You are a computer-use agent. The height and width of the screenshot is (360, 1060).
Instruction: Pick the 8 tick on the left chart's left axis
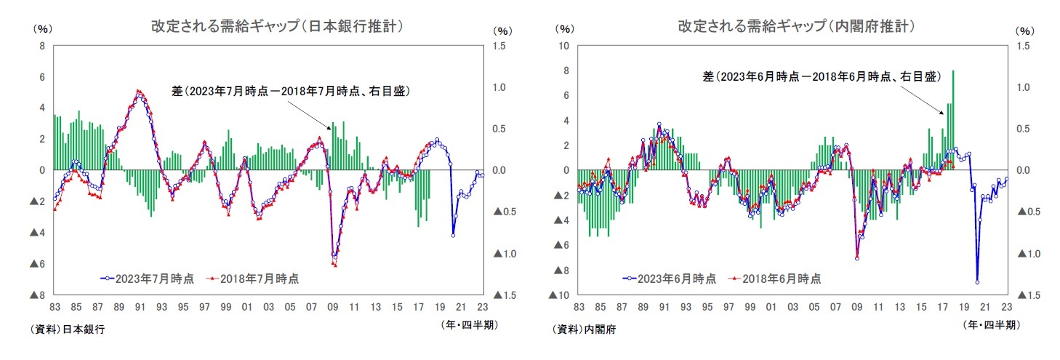[42, 46]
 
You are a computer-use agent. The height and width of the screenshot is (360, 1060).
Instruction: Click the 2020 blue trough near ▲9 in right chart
[977, 282]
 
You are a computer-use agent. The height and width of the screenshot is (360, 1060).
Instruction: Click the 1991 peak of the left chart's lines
[138, 92]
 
